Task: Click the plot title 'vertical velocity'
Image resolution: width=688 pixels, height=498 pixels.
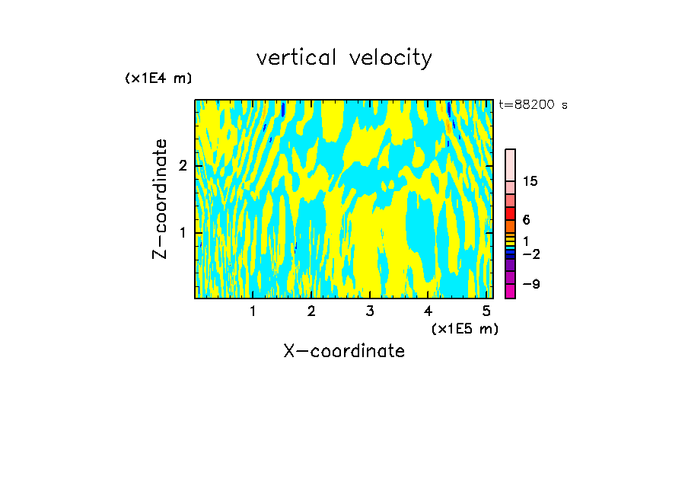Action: pos(344,58)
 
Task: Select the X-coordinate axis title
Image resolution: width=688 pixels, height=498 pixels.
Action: pos(344,351)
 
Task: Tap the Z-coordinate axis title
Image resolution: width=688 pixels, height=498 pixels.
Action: pos(160,199)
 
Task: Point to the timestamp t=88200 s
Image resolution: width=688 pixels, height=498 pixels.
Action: pos(533,105)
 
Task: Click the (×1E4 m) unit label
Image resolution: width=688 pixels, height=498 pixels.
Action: pos(158,78)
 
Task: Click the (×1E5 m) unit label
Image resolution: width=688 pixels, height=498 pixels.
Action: pos(464,328)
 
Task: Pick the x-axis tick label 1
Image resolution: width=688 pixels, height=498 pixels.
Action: pos(253,311)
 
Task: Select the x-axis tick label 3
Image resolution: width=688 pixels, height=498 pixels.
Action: pos(370,311)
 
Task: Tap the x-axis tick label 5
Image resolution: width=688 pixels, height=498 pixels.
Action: pos(486,311)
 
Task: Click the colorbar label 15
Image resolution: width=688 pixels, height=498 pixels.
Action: pos(530,181)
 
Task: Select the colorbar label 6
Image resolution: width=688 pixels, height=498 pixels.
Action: pos(526,220)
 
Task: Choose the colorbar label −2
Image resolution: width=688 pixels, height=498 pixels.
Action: pos(530,254)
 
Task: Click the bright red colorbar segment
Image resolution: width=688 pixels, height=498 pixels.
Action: pos(510,213)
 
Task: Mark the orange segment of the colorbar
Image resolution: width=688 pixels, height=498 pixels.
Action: pos(510,226)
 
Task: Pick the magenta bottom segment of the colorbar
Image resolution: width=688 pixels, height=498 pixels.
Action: pos(510,291)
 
